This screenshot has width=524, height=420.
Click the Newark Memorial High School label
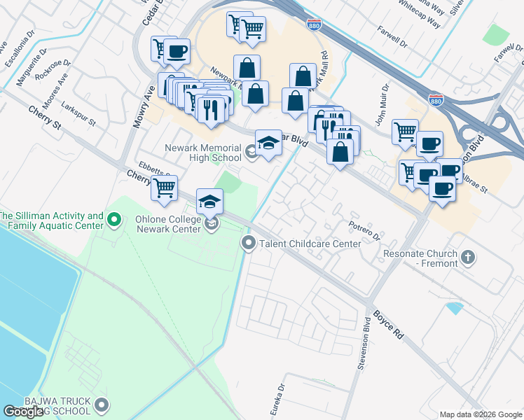203,153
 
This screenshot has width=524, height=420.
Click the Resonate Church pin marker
469,258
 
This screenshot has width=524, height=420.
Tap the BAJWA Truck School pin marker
103,404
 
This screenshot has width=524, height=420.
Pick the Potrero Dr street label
364,230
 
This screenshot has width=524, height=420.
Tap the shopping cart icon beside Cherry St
164,188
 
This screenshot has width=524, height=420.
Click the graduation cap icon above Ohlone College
209,202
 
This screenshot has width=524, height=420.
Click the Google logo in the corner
23,412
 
